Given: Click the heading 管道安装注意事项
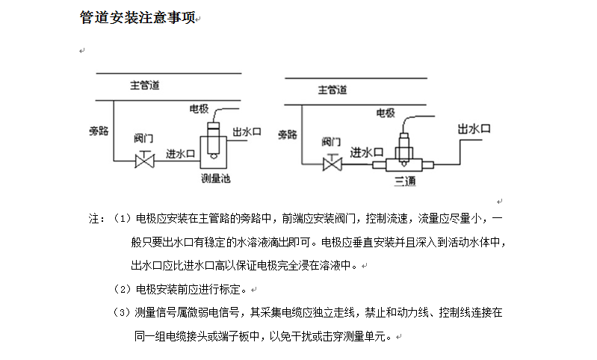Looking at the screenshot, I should tap(137, 18).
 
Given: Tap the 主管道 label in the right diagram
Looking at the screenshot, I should tap(332, 91).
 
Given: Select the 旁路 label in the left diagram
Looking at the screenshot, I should tap(99, 131).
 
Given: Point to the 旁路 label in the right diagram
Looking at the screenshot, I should tap(288, 134).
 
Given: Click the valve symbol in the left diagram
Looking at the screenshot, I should tap(143, 160).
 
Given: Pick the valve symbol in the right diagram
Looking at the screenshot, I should tap(332, 163).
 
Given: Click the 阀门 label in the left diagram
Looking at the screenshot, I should tap(143, 139).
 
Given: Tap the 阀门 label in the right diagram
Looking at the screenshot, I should tap(332, 141).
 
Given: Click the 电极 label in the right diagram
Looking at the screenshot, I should tap(385, 113).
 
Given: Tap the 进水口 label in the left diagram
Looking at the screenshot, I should tap(180, 153).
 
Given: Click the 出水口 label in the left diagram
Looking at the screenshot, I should tap(247, 131).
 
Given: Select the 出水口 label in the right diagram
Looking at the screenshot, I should tap(474, 129).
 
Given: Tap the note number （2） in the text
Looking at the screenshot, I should tap(122, 289).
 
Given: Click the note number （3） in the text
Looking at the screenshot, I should tap(122, 313).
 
